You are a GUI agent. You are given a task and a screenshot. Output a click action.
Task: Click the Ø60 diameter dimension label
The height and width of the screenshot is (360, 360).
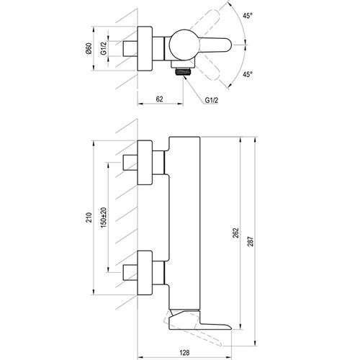click(89, 48)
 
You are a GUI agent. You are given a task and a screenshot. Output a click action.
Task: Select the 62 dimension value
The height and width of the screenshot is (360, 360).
click(159, 99)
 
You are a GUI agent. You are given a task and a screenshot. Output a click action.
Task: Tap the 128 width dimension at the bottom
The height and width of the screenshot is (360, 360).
click(184, 353)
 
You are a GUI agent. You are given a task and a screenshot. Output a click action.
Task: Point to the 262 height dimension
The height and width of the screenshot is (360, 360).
click(236, 233)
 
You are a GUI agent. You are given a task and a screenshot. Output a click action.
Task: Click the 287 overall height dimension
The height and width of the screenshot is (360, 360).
click(251, 241)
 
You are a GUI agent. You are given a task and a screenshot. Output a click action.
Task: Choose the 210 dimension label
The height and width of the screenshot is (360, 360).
click(89, 217)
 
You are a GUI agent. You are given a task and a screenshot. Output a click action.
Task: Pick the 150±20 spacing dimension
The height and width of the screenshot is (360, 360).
click(104, 217)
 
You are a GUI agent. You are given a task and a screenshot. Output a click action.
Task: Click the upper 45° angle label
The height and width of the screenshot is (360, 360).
click(248, 16)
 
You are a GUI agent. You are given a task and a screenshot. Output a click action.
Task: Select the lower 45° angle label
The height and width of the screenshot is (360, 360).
click(248, 74)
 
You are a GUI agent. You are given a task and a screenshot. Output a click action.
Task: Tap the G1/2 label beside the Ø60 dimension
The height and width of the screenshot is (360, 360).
click(104, 48)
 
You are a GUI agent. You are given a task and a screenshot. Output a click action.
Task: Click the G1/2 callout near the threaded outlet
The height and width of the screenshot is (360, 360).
click(212, 100)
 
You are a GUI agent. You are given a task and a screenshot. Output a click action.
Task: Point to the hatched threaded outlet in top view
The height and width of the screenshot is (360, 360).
click(184, 71)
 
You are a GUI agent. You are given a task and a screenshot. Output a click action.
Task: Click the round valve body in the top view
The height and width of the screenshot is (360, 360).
click(184, 45)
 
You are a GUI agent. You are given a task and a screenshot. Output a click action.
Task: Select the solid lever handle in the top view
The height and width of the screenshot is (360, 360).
click(215, 45)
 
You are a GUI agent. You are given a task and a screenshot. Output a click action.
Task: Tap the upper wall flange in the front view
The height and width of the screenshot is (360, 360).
click(145, 163)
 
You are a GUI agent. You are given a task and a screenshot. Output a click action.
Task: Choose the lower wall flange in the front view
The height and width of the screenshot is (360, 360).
click(145, 273)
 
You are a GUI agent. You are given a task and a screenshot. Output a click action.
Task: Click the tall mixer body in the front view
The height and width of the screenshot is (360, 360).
click(184, 223)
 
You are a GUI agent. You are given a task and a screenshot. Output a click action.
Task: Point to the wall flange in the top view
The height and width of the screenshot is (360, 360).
click(145, 49)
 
